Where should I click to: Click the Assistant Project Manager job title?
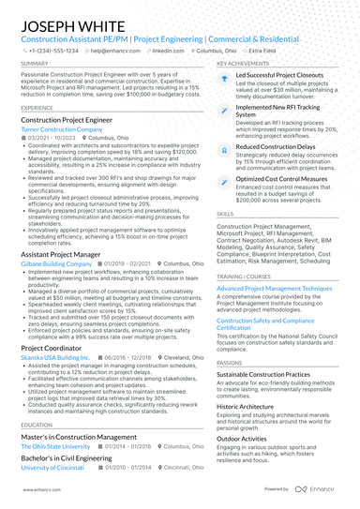tap(62, 254)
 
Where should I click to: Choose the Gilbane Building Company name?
tap(55, 264)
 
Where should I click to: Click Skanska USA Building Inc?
tap(55, 357)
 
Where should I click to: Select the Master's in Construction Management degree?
tap(78, 437)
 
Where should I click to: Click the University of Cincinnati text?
tap(52, 467)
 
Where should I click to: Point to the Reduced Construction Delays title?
tap(276, 146)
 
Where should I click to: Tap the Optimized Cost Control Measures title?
tap(281, 177)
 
